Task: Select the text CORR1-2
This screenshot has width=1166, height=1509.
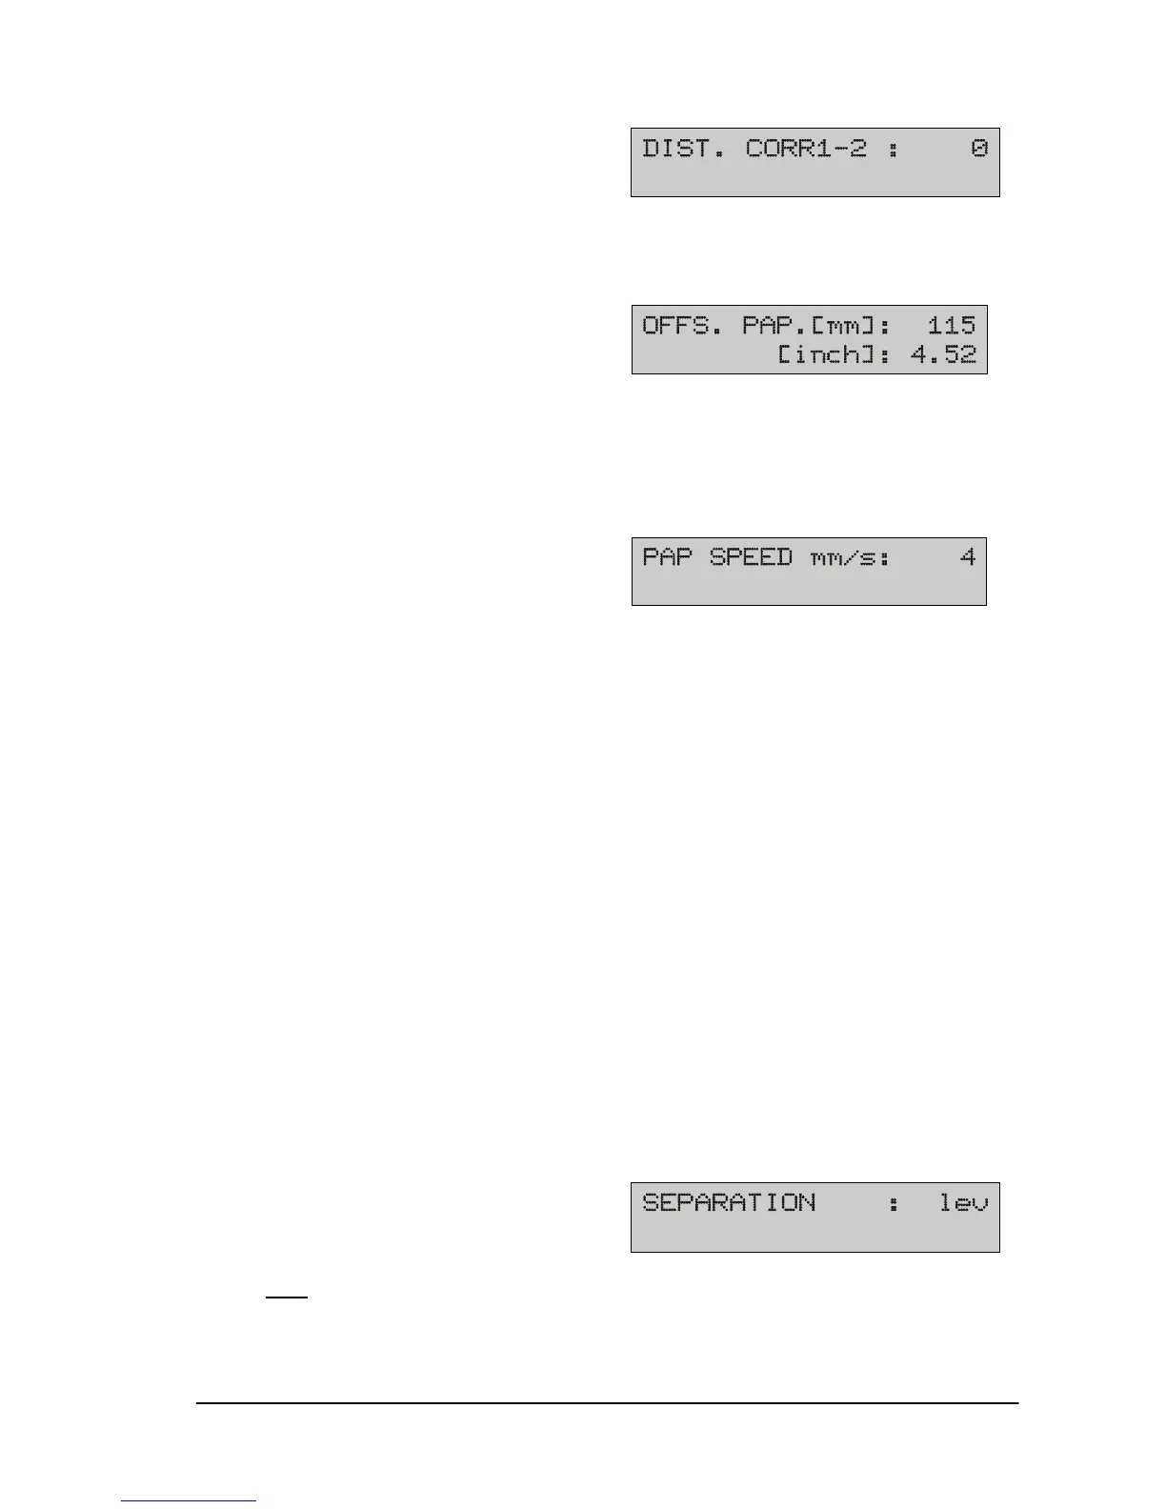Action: [x=806, y=149]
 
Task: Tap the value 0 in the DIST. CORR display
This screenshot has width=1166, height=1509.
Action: [x=979, y=149]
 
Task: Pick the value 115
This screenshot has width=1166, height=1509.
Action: [x=952, y=326]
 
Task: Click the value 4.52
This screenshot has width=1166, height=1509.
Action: [x=944, y=355]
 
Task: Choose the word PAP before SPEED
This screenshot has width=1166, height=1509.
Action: [x=667, y=556]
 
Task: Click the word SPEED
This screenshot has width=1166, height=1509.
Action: [x=751, y=556]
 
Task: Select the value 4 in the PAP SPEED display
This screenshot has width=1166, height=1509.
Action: [x=968, y=556]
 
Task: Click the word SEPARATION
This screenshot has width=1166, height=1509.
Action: [x=729, y=1202]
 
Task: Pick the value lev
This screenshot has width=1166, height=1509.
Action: [x=964, y=1202]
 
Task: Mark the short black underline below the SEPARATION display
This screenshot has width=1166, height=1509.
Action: [x=287, y=1298]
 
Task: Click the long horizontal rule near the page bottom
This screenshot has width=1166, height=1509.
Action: [x=607, y=1402]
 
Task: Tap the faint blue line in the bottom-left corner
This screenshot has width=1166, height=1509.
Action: [x=189, y=1501]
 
